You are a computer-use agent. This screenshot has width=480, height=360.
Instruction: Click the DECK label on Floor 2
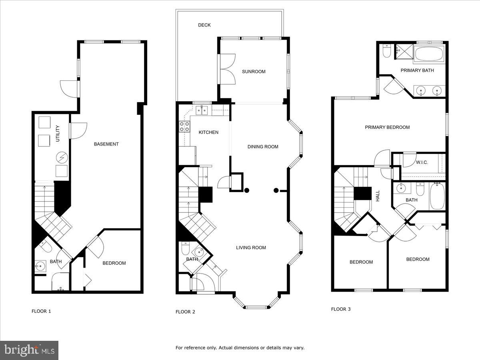[x=204, y=25]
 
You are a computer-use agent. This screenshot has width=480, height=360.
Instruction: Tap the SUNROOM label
[x=254, y=72]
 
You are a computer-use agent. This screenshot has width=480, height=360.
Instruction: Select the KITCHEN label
[x=209, y=132]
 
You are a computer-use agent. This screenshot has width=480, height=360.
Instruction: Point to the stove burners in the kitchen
[x=184, y=126]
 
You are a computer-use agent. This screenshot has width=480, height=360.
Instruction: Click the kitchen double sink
[x=202, y=110]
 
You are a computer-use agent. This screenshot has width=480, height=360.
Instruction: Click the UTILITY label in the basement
[x=58, y=133]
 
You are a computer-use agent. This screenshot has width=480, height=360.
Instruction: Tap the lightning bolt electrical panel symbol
[x=62, y=157]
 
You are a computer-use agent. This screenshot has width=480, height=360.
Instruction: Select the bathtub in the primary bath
[x=428, y=54]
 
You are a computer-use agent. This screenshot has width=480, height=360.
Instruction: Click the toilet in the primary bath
[x=387, y=52]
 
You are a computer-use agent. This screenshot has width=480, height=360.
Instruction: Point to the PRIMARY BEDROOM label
[x=387, y=127]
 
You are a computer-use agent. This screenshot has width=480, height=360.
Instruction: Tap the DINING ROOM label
[x=263, y=146]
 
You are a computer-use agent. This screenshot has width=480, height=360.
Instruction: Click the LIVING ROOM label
[x=251, y=248]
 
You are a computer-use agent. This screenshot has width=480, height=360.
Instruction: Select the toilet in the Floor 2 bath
[x=185, y=249]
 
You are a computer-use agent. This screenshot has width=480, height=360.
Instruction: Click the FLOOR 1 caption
[x=41, y=311]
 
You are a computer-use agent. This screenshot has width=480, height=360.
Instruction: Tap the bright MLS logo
[x=29, y=350]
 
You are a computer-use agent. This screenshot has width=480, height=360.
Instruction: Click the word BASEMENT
[x=106, y=144]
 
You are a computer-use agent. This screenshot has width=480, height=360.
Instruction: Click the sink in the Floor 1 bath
[x=40, y=266]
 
